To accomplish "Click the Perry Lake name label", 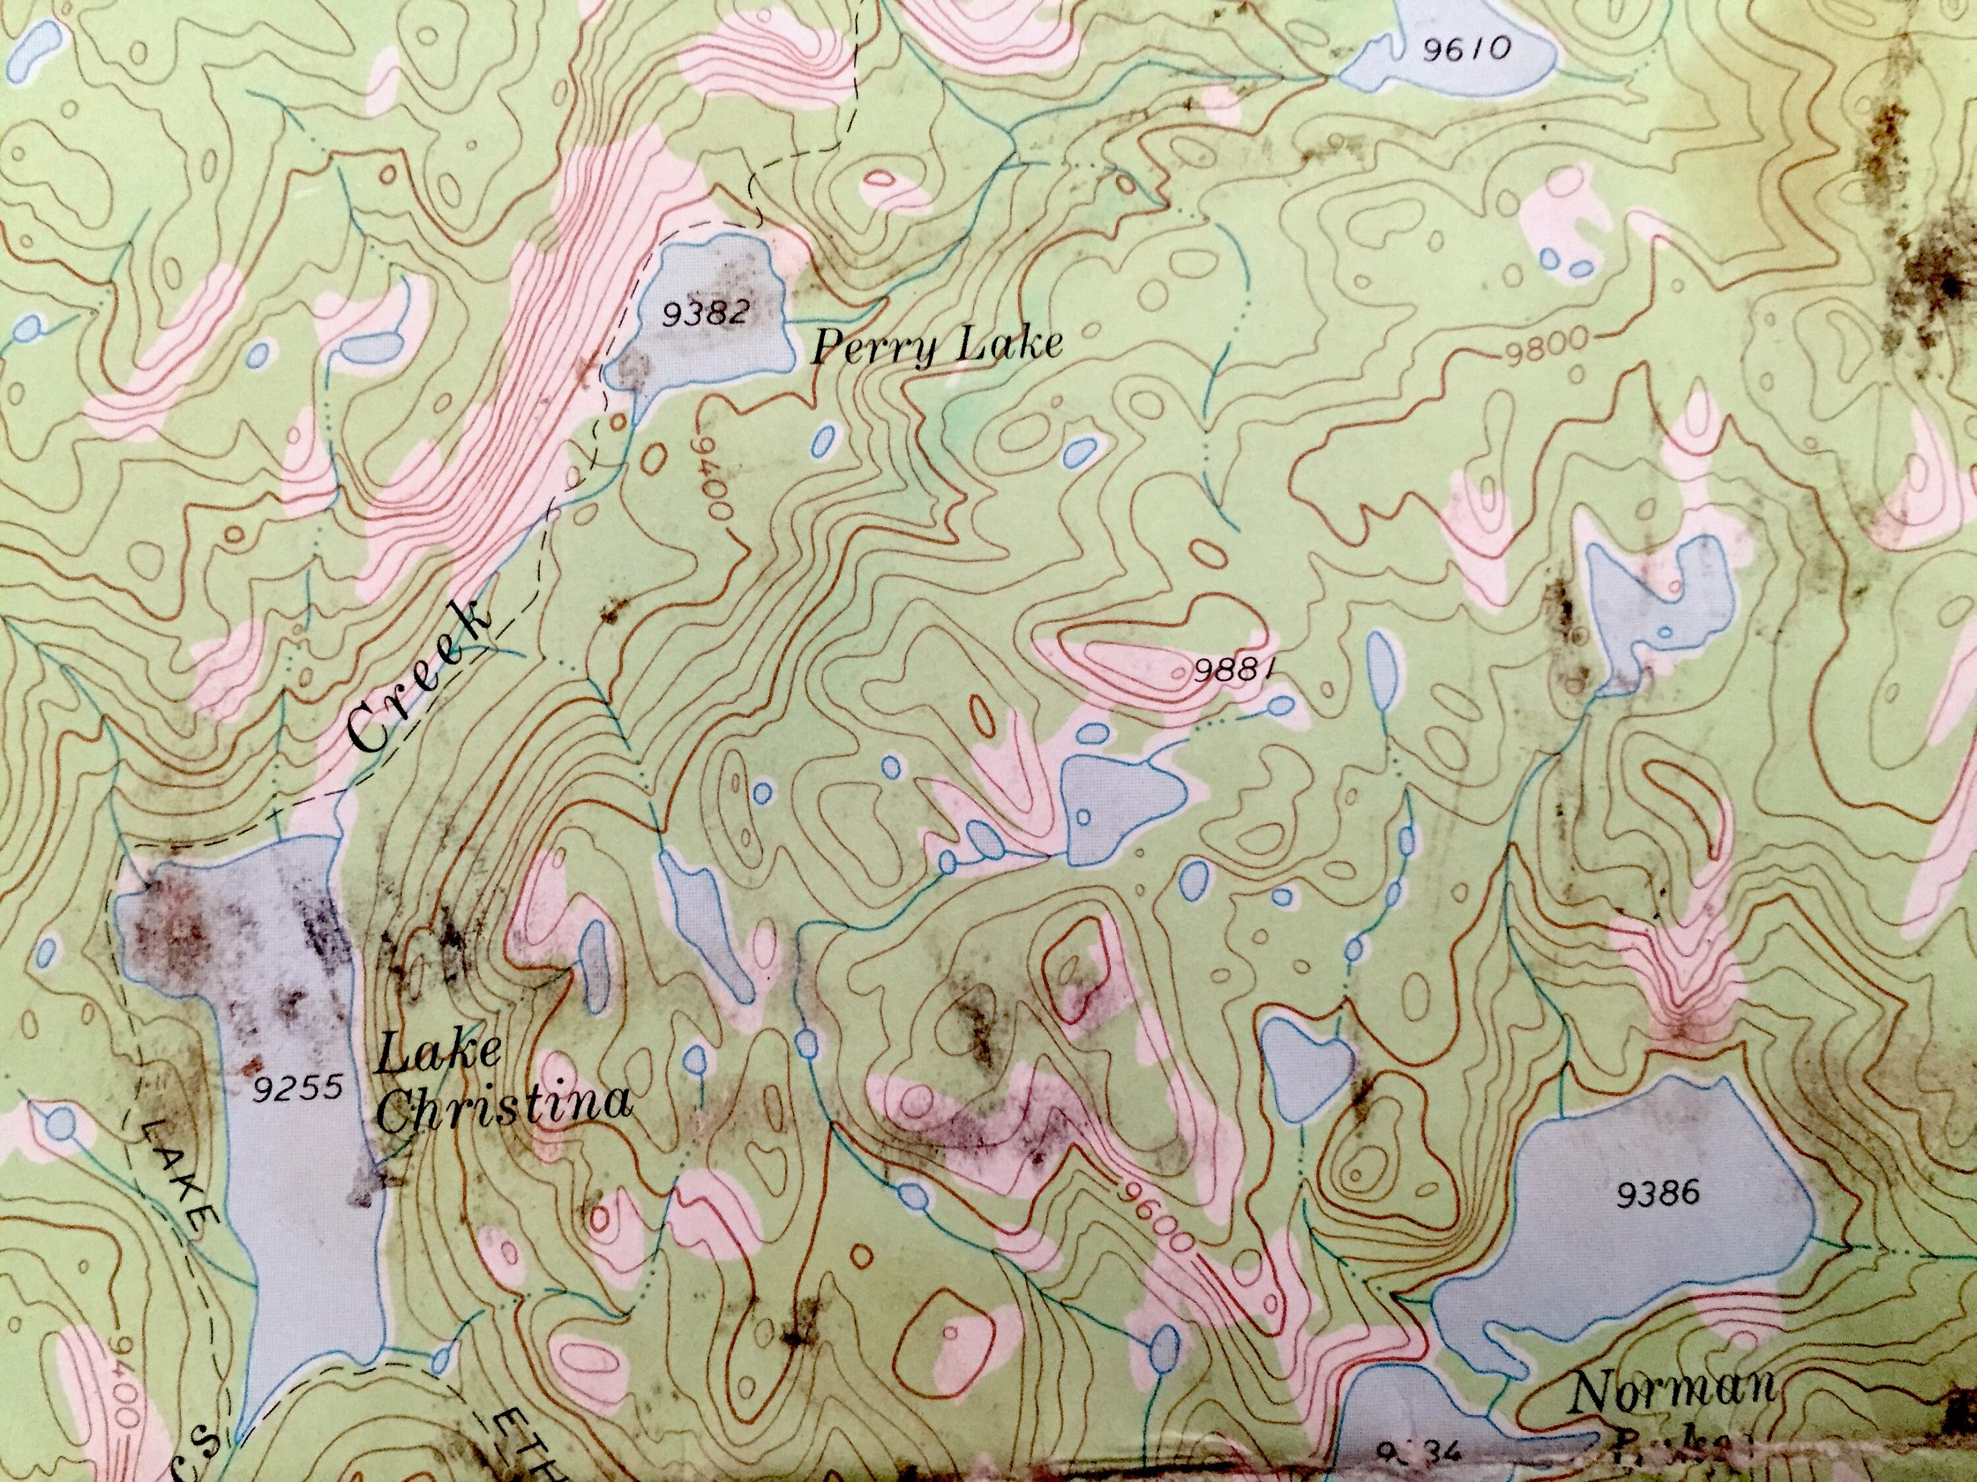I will [936, 346].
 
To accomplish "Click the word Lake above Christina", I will [438, 1054].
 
